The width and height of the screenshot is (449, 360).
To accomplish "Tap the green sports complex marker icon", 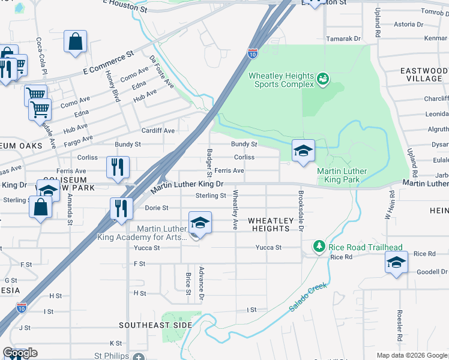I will [323, 78].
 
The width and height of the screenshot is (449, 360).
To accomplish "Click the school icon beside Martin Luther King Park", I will [304, 151].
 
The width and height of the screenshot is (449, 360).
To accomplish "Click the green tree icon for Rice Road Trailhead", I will [320, 247].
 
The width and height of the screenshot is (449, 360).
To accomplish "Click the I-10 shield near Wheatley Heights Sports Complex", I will [253, 53].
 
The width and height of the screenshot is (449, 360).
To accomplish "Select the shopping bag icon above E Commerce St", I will [76, 43].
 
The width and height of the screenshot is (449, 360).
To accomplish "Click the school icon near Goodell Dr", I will [396, 263].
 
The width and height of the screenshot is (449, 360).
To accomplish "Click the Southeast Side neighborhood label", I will [155, 325].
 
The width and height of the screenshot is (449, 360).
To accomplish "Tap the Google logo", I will [20, 353].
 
